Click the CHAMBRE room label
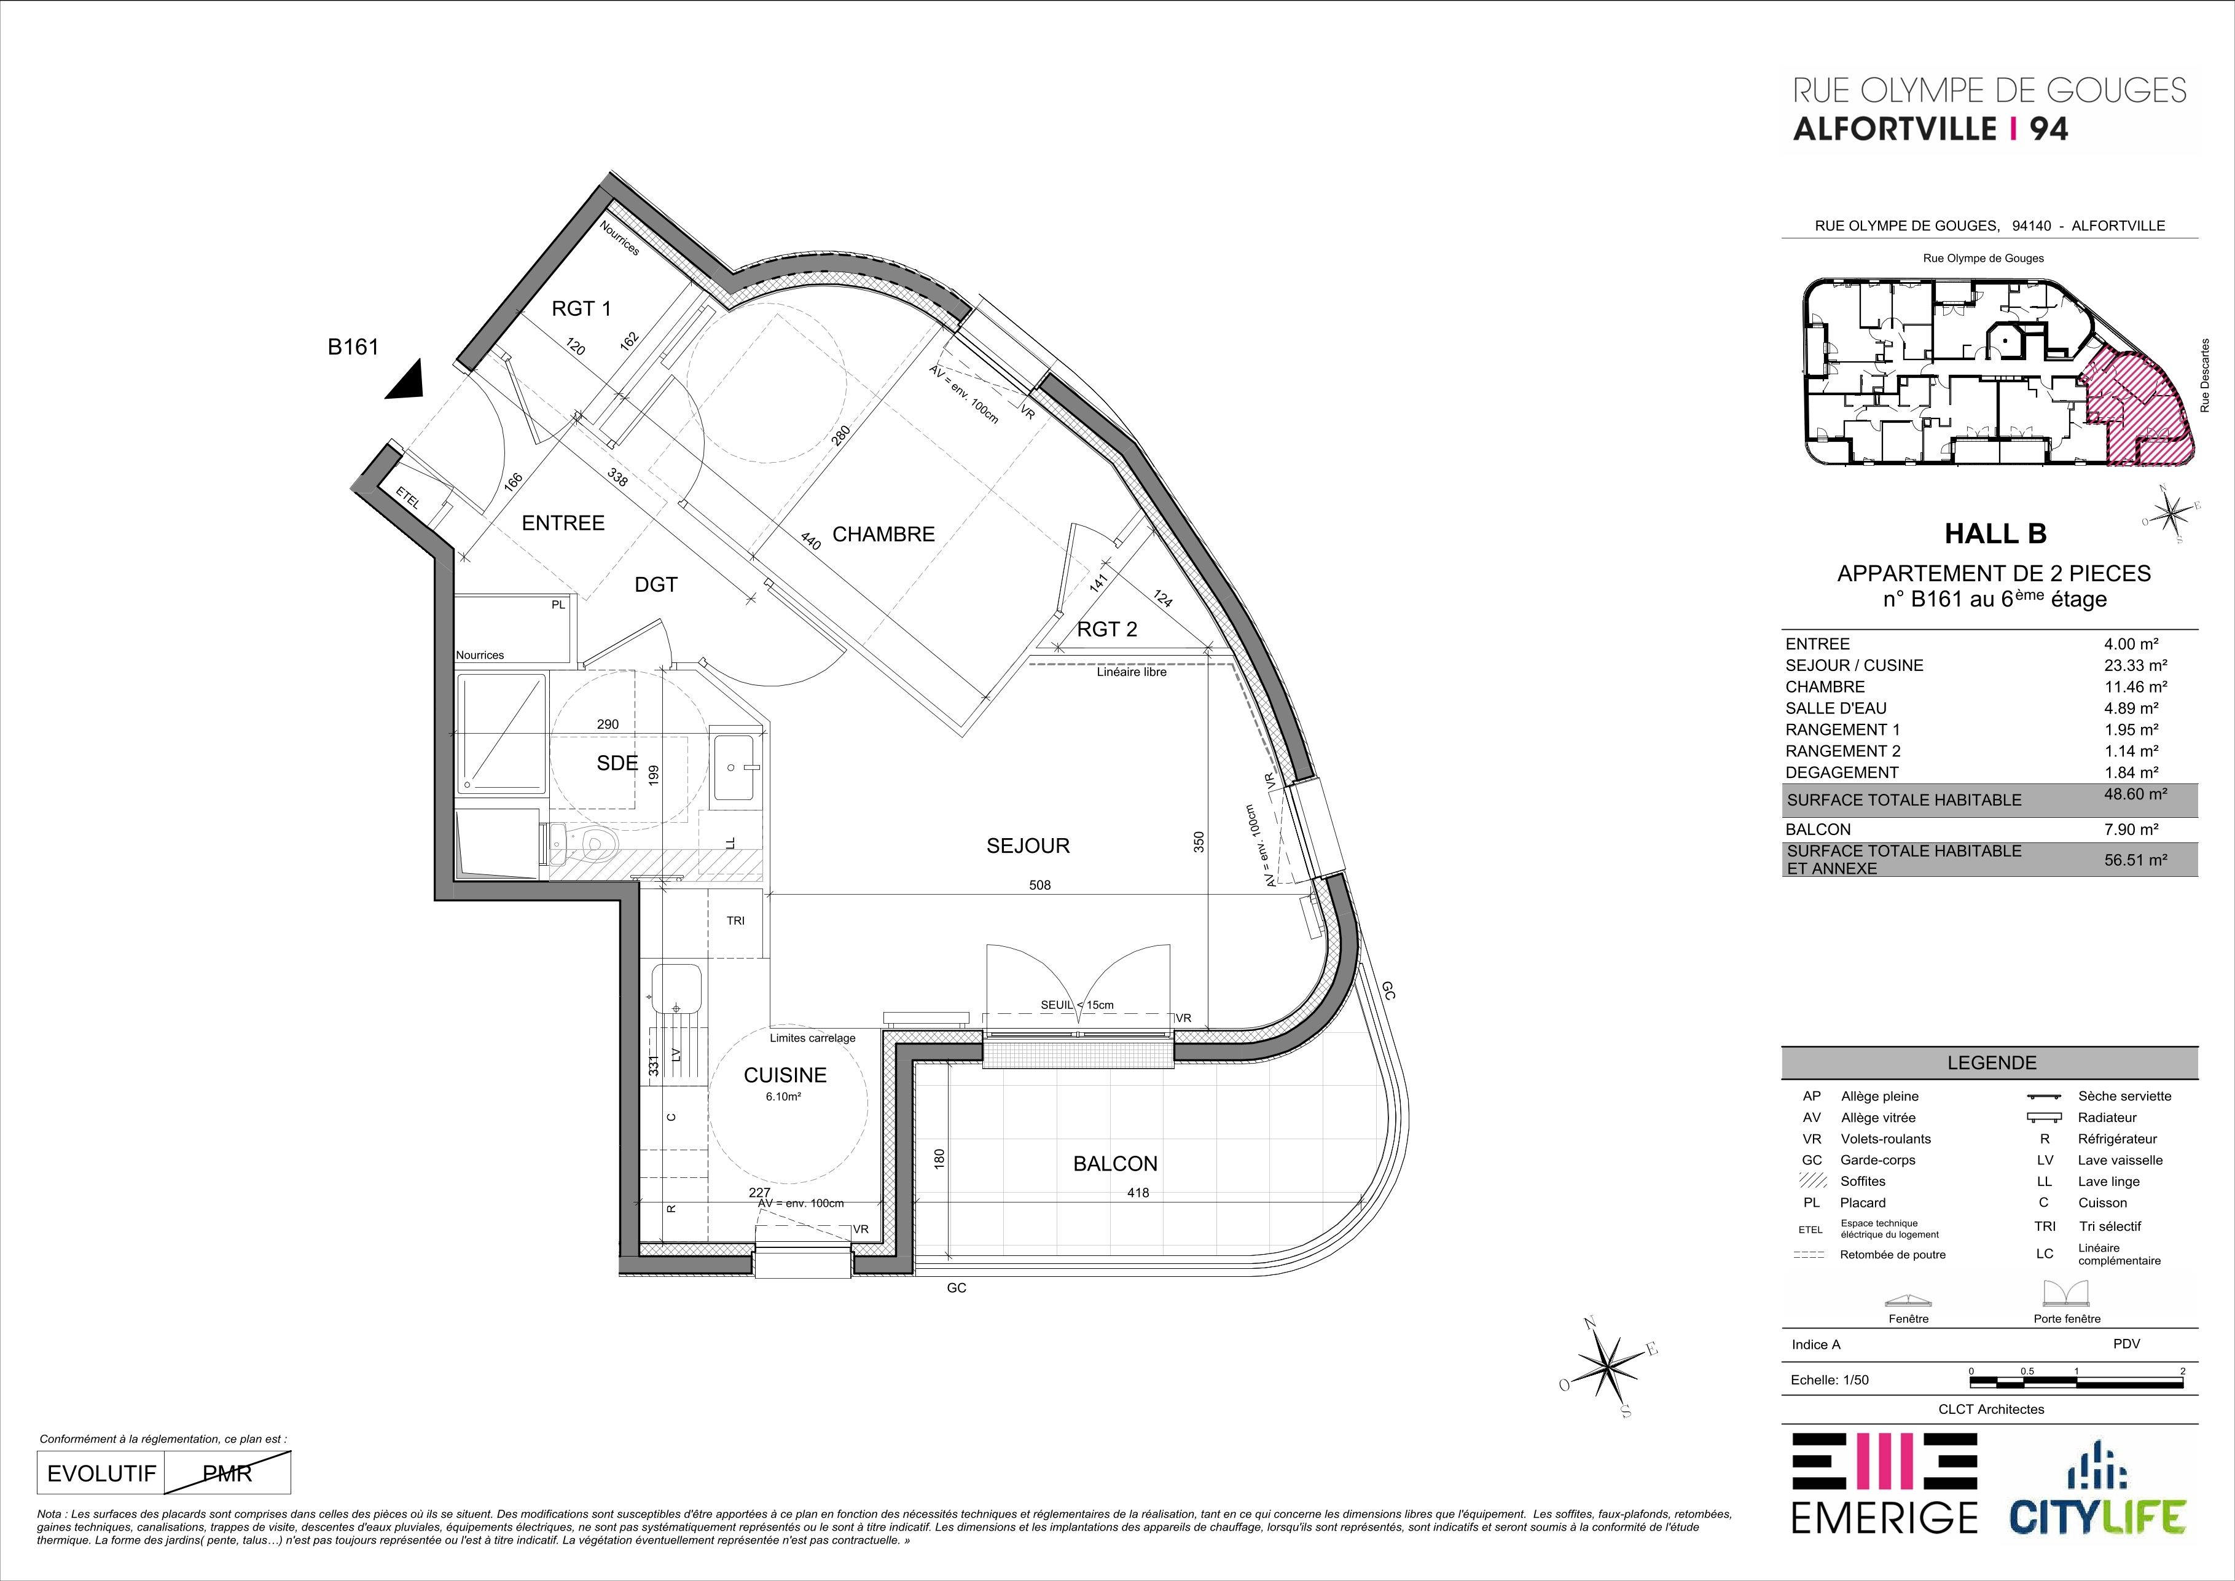coord(883,535)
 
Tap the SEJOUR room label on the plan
coord(1028,846)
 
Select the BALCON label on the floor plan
coord(1116,1163)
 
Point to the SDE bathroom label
coord(617,763)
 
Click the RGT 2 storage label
coord(1107,630)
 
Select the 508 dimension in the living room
coord(1039,886)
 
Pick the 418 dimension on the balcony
coord(1137,1193)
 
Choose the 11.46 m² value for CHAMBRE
coord(2135,686)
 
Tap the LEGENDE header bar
coord(1990,1063)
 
